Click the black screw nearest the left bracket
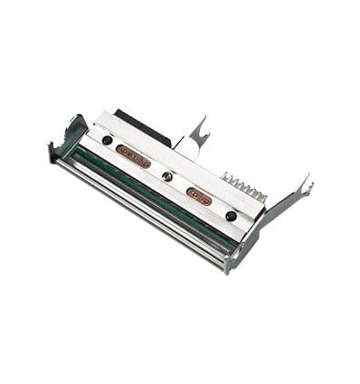[108, 141]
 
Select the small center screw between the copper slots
[167, 176]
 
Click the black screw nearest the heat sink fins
[232, 216]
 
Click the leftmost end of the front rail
[56, 164]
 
